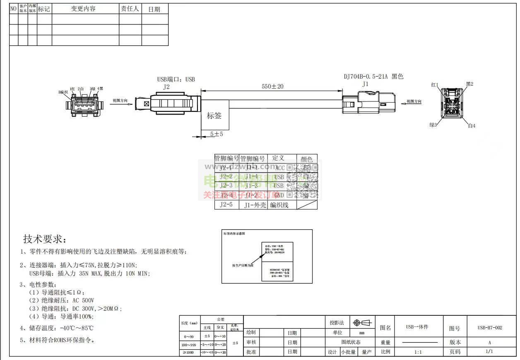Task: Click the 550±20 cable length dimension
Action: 272,86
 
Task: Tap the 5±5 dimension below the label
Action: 217,134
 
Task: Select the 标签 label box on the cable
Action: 214,116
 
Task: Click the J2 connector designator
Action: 166,87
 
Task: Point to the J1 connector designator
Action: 365,84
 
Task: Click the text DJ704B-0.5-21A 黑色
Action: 373,77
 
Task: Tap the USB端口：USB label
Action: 176,79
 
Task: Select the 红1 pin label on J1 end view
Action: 434,85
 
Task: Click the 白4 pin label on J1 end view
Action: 472,126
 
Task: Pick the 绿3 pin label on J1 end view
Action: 433,125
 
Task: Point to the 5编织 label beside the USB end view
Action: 63,92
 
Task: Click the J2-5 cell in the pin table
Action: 226,204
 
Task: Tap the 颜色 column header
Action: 307,159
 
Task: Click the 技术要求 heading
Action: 44,239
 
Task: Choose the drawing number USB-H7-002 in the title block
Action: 489,328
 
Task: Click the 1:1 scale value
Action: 418,352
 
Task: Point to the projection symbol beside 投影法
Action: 362,323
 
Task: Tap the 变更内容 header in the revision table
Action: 83,9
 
